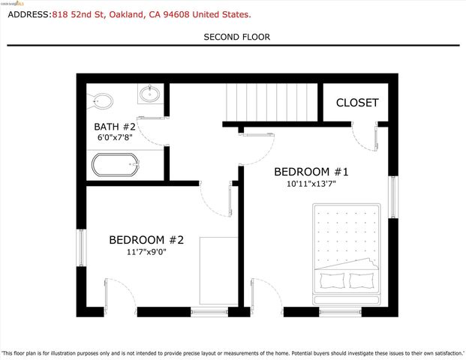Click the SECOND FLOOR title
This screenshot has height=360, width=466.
point(236,37)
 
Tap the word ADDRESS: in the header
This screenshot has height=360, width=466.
point(26,14)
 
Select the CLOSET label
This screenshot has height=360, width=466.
point(357,103)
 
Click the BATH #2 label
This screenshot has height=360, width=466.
point(115,127)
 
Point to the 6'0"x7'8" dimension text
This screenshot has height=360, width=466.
point(115,138)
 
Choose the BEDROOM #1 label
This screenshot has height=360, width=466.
point(311,171)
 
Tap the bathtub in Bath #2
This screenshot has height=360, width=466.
point(115,164)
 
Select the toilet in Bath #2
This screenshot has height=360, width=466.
point(101,100)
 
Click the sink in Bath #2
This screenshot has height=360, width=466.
point(149,94)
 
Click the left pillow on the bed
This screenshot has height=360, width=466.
point(332,280)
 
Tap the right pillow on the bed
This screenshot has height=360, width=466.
point(362,280)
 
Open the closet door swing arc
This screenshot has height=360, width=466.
point(362,136)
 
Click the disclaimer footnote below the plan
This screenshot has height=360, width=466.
point(233,352)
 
